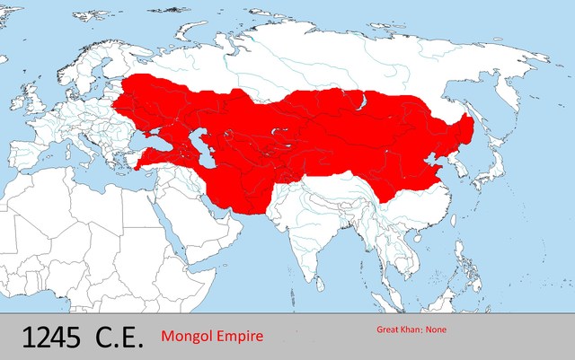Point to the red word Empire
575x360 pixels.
tap(240, 337)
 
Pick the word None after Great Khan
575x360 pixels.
tap(435, 329)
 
